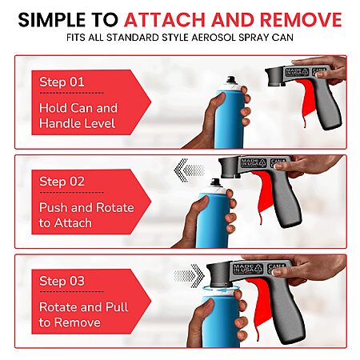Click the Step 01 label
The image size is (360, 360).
(62, 82)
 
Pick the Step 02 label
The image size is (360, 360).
(62, 182)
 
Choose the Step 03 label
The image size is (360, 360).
(62, 281)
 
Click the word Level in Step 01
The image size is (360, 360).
(102, 123)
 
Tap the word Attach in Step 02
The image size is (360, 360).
(73, 223)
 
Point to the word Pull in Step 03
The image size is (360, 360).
(117, 307)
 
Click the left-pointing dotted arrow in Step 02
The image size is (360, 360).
(189, 170)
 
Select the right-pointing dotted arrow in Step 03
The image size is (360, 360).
(189, 275)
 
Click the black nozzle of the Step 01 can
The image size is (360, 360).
(230, 79)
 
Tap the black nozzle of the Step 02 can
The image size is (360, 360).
(215, 182)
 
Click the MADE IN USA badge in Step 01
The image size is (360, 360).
(297, 72)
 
